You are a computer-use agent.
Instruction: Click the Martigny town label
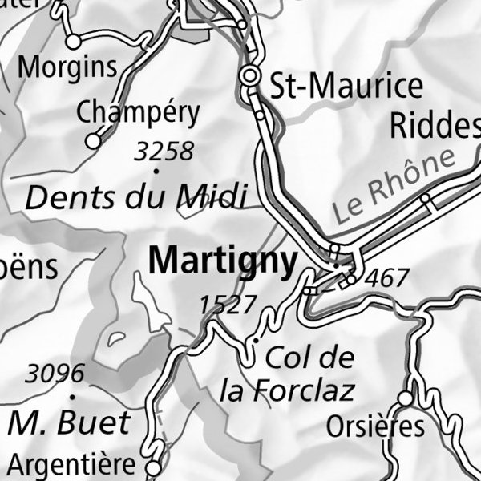pos(222,261)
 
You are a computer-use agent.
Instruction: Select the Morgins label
pos(67,67)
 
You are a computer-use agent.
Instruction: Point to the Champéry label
pos(138,113)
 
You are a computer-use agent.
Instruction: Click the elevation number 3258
pos(164,151)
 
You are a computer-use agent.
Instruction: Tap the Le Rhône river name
pos(398,187)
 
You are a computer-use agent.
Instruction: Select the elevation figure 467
pos(386,279)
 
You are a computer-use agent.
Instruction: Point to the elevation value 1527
pos(228,305)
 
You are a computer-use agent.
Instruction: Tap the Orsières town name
pos(375,426)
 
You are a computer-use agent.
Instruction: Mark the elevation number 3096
pos(55,374)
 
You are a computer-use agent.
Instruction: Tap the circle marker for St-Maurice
pos(251,77)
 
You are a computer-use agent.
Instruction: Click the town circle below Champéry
pos(93,141)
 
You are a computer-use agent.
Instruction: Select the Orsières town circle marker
pos(406,398)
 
